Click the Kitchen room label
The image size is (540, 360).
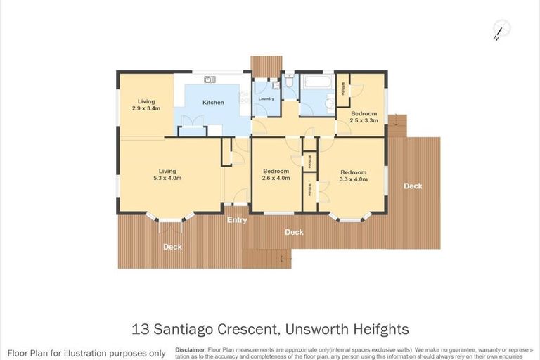point(213,103)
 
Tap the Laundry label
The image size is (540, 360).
point(266,98)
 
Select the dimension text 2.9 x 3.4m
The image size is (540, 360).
point(146,108)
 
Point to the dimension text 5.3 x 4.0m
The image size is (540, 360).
point(167,178)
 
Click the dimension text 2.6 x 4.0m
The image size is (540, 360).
point(276,179)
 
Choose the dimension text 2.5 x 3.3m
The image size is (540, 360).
point(364,120)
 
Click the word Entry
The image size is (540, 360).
point(236,220)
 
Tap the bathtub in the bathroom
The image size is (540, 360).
point(318,83)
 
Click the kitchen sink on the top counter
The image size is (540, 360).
point(210,79)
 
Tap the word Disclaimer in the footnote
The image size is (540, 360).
point(190,349)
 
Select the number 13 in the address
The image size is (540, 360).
point(141,328)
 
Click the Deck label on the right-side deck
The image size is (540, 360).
point(413,186)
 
